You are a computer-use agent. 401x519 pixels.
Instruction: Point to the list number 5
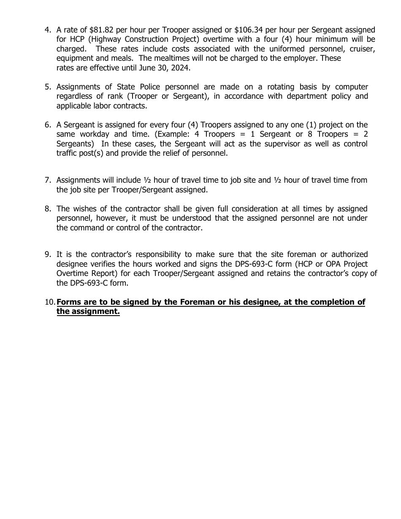(48, 87)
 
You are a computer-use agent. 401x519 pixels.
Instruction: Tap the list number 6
(48, 125)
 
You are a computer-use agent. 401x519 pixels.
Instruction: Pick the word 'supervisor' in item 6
(276, 144)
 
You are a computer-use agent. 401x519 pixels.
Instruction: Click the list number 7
(48, 180)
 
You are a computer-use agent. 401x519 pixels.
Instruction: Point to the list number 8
(48, 209)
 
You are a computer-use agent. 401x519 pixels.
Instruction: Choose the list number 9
(48, 254)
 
